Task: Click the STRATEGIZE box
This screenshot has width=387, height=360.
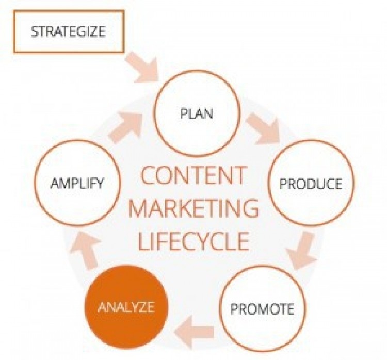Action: (x=69, y=11)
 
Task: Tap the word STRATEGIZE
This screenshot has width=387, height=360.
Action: (x=68, y=31)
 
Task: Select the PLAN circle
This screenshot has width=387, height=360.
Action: (x=197, y=72)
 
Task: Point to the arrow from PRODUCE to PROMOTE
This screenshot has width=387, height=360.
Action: (x=302, y=250)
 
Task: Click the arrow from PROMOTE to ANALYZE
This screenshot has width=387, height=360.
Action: (x=194, y=332)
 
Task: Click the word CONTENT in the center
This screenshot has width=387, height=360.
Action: (x=193, y=175)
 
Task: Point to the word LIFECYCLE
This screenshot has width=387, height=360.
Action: (x=193, y=241)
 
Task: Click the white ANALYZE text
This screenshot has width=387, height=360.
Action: (x=126, y=307)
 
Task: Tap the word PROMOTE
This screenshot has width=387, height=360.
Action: (x=262, y=309)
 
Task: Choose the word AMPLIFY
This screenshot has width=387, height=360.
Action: (x=77, y=183)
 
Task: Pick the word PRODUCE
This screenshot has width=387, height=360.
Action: (x=311, y=184)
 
